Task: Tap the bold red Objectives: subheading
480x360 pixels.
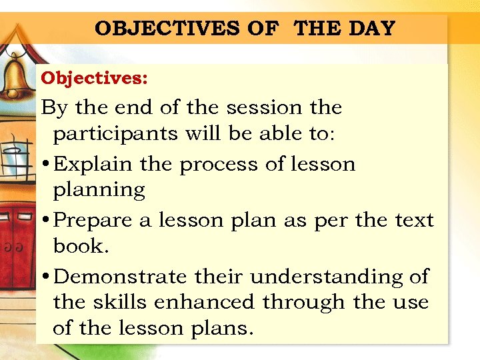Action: tap(94, 78)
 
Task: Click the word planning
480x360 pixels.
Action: tap(99, 191)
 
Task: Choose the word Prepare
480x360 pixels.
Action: tap(93, 221)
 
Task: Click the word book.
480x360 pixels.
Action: tap(79, 245)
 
